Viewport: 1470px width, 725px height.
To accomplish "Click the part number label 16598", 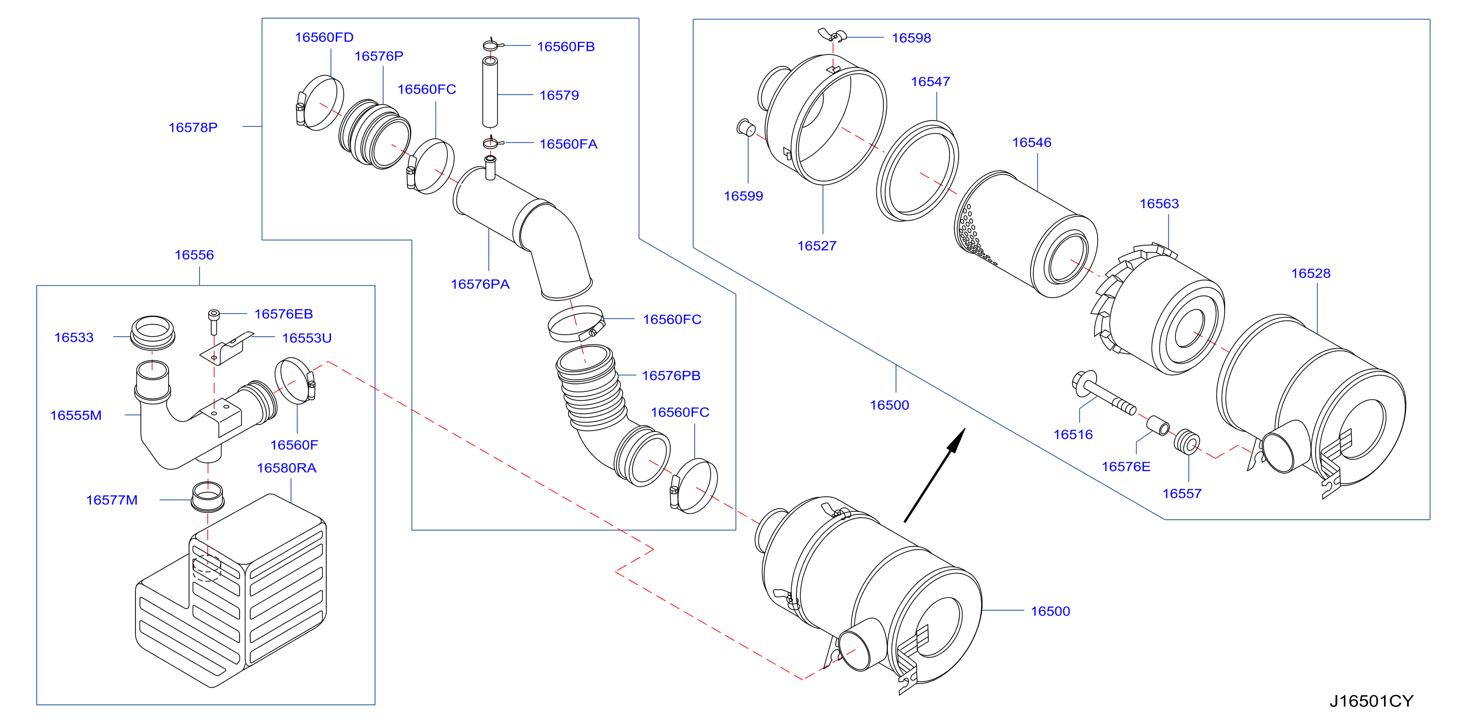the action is coord(911,38).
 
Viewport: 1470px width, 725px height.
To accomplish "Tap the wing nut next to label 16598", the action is coord(832,35).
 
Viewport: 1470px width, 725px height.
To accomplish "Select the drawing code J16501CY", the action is coord(1371,701).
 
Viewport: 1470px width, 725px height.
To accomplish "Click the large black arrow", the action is coord(934,475).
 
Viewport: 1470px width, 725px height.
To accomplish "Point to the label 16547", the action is coord(930,82).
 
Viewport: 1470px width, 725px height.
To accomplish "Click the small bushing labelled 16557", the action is coord(1186,442).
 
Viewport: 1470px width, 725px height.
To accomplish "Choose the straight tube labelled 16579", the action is coord(490,91).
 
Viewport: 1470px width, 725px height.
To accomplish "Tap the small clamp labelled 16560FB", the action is coord(491,44).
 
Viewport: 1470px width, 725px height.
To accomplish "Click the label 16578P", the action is coord(193,127).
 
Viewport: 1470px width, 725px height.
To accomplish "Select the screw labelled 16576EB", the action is coord(214,322).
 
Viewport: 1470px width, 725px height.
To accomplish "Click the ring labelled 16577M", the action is coord(207,497).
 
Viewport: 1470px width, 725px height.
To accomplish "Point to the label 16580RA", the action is coord(286,468).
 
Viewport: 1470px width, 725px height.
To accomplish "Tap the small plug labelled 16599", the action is coord(746,128).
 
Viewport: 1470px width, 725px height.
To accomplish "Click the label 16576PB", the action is coord(671,375).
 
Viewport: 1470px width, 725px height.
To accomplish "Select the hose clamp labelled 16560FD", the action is coord(320,103).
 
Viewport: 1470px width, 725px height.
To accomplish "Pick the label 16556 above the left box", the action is coord(194,255).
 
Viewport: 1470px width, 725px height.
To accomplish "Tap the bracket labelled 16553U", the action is coord(226,348).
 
